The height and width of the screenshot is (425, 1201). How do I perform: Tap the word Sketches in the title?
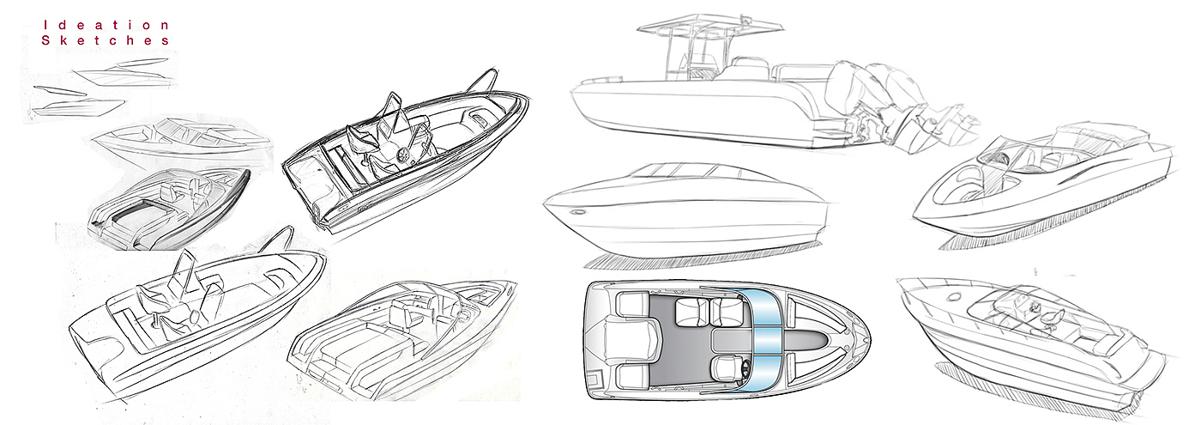coord(106,40)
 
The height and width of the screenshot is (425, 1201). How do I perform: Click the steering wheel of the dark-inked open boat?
coord(402,155)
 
